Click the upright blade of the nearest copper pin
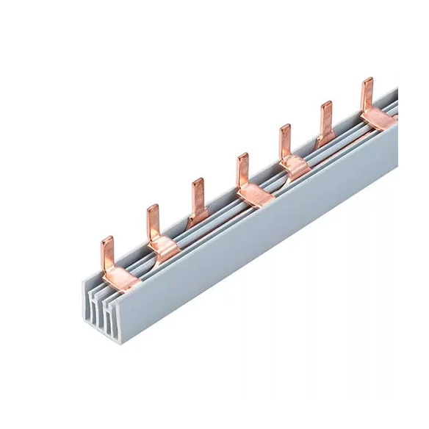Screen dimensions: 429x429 107,251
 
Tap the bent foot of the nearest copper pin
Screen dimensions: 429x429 118,277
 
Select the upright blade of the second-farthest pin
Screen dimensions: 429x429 325,117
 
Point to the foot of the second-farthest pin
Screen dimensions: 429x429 326,138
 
